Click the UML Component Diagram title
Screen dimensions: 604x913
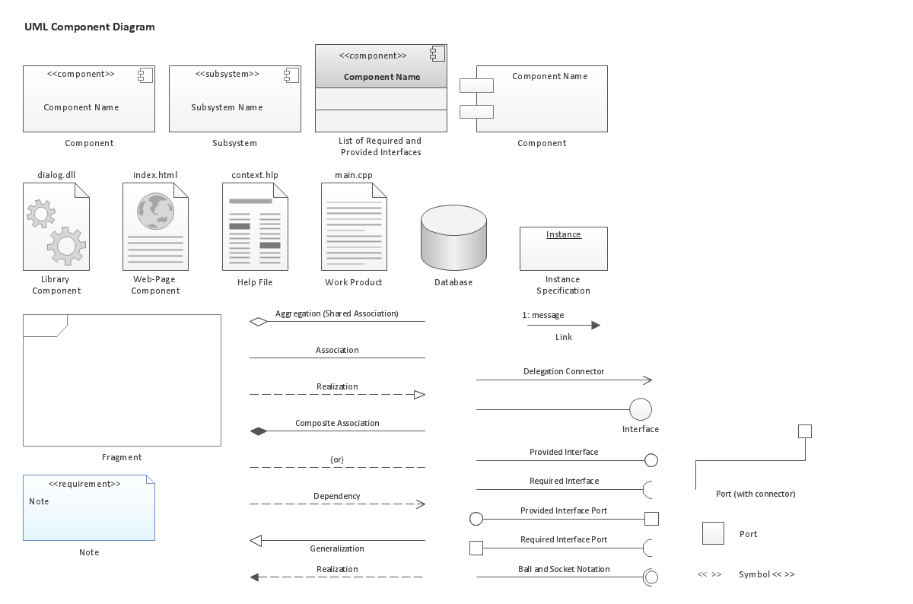[x=90, y=27]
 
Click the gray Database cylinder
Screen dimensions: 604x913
[x=453, y=237]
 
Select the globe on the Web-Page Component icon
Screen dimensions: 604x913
[x=155, y=211]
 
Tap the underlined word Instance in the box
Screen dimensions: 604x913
[x=564, y=234]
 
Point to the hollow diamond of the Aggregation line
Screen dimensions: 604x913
[x=259, y=322]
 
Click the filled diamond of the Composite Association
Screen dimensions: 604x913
[x=259, y=431]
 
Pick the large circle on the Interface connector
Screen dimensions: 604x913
[x=641, y=409]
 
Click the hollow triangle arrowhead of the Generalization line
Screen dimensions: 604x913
[x=256, y=541]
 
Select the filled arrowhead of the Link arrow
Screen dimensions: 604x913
[x=596, y=326]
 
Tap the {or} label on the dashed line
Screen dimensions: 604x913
[x=337, y=459]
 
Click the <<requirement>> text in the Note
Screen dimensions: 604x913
[x=84, y=484]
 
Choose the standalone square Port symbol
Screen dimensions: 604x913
[x=713, y=533]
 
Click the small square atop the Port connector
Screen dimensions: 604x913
[x=805, y=431]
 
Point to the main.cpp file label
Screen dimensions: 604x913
[x=354, y=175]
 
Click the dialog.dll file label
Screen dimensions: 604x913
[x=56, y=175]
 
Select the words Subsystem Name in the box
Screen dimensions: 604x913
[x=227, y=107]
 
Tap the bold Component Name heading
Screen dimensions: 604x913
[x=382, y=77]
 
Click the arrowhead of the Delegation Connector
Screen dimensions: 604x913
[x=647, y=380]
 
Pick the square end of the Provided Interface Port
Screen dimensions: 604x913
[x=651, y=519]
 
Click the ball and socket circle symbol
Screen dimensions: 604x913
[x=651, y=577]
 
